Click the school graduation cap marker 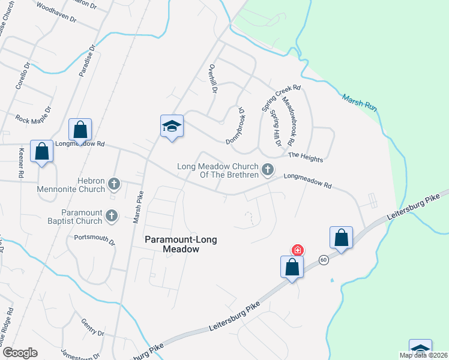[172, 127]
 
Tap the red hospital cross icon [297, 250]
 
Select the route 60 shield [324, 260]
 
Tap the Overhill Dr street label [212, 79]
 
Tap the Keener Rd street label [21, 163]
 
